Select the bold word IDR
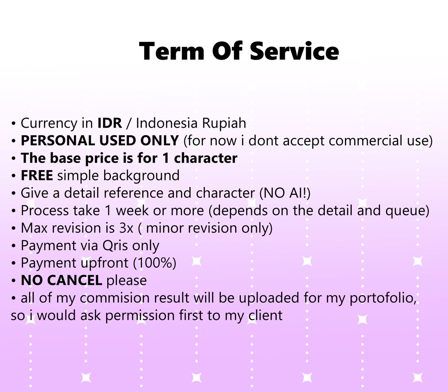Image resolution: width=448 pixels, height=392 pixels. (110, 123)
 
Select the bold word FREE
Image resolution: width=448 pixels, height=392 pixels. (37, 175)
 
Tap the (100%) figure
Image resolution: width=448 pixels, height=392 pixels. (155, 263)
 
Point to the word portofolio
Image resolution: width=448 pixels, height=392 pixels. (383, 298)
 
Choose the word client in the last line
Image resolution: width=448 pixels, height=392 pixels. (265, 315)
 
